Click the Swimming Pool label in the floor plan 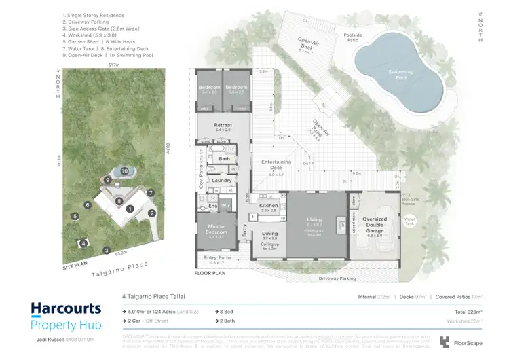401,73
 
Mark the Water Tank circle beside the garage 409,220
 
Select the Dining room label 269,235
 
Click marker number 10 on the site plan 125,171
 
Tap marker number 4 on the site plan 83,242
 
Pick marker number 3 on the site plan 106,251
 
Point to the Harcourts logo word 66,309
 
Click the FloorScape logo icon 445,342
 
